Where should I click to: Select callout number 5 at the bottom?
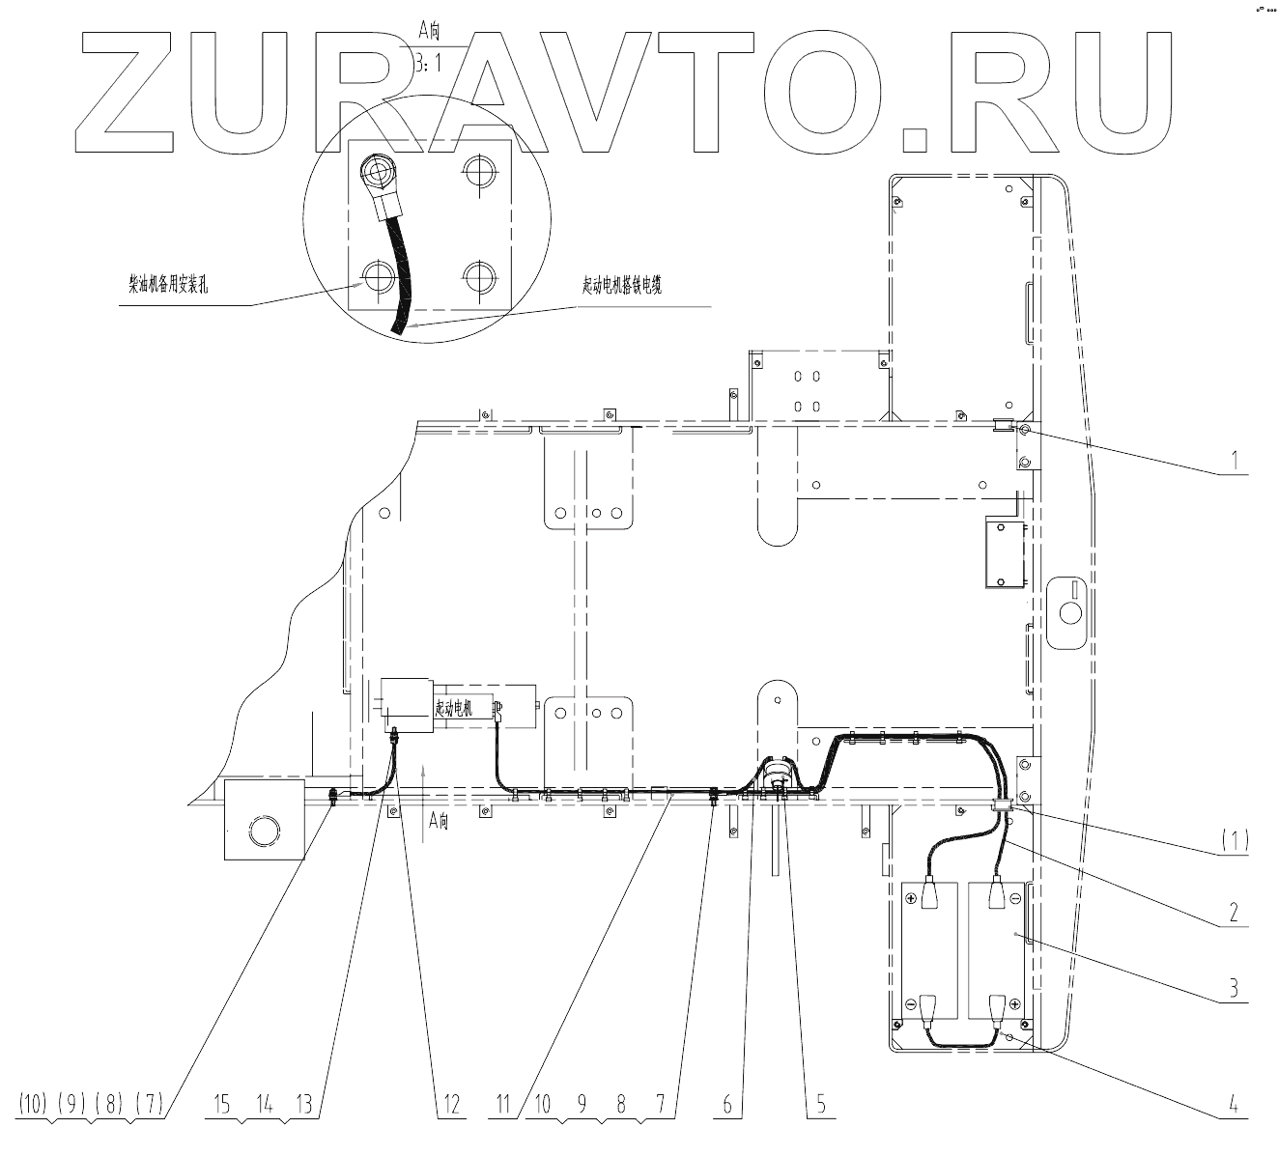[820, 1104]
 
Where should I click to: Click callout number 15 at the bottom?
[222, 1104]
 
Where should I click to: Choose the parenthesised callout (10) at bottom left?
[35, 1104]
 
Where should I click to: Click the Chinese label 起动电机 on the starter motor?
[455, 708]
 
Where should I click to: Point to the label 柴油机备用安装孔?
[169, 286]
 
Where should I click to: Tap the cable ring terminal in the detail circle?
[375, 174]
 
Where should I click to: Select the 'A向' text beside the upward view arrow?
[440, 822]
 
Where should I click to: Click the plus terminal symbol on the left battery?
[911, 897]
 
